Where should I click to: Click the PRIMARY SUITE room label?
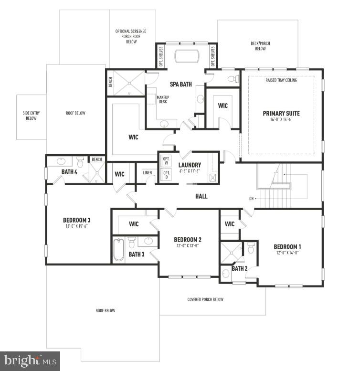281,113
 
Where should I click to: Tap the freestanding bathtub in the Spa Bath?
188,56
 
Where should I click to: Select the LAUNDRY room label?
189,165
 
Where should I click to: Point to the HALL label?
201,196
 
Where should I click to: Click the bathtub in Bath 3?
118,250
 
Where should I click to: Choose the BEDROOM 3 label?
77,220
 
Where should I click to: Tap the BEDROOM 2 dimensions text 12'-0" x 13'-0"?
188,246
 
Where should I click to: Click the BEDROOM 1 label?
287,247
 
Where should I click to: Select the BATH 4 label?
69,171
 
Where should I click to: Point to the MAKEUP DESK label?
163,99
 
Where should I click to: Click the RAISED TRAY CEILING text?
281,80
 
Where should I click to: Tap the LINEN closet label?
147,172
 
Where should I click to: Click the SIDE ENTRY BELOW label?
31,116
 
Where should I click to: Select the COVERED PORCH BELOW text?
205,299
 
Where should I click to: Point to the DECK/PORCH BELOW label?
260,46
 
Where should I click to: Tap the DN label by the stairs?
252,199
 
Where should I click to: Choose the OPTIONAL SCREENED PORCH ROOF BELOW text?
131,36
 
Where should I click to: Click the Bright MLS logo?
30,360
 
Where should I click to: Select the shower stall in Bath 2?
230,252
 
